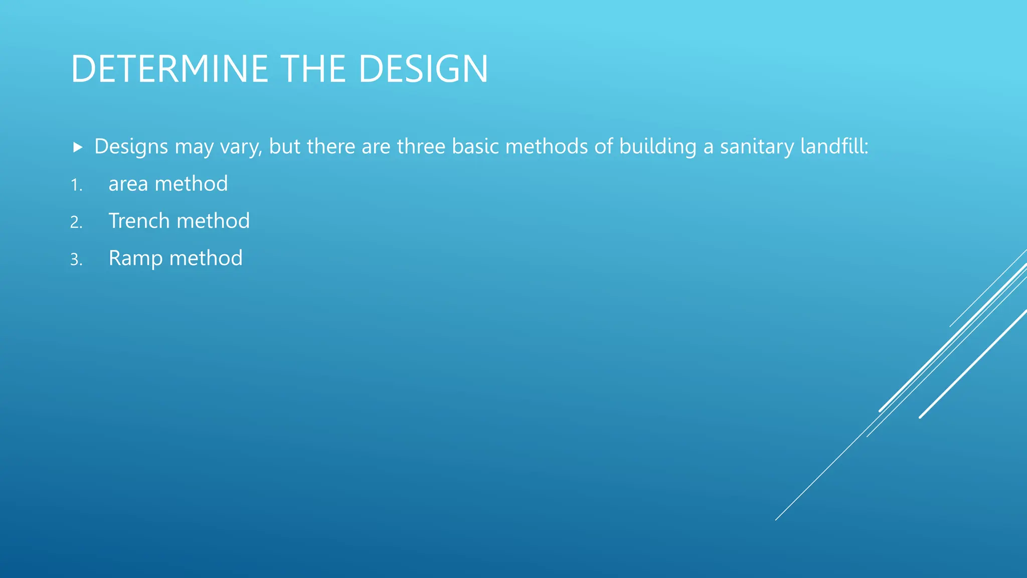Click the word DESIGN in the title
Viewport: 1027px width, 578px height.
click(423, 69)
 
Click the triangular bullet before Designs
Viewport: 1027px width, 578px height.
click(77, 147)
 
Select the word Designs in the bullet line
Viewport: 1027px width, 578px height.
click(131, 147)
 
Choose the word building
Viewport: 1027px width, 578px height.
click(657, 147)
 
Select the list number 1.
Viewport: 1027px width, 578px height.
click(76, 185)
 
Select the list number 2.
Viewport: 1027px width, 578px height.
click(76, 222)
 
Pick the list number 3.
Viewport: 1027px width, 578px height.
click(76, 259)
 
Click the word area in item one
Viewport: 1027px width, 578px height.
click(128, 184)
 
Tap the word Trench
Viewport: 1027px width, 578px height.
click(139, 221)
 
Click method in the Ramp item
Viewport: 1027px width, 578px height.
click(206, 258)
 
